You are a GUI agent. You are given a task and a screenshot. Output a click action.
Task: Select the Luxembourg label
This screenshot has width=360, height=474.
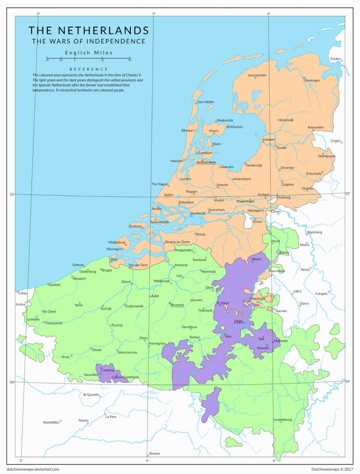[283, 420]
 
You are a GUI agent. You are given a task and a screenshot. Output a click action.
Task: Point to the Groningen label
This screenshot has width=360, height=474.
[312, 81]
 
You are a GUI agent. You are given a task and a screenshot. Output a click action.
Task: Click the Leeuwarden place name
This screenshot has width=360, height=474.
[257, 75]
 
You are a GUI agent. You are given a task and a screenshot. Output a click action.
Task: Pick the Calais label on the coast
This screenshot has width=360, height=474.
[23, 293]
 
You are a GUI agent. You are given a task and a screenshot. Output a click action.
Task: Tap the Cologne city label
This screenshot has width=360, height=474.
[321, 294]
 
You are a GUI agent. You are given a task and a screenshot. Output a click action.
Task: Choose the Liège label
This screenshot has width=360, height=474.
[238, 321]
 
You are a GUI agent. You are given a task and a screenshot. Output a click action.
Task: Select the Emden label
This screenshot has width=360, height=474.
[335, 59]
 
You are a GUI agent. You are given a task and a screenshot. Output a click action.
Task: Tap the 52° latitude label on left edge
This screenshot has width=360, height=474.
[12, 194]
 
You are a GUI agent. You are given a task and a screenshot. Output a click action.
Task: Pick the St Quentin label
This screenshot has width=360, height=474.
[91, 395]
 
